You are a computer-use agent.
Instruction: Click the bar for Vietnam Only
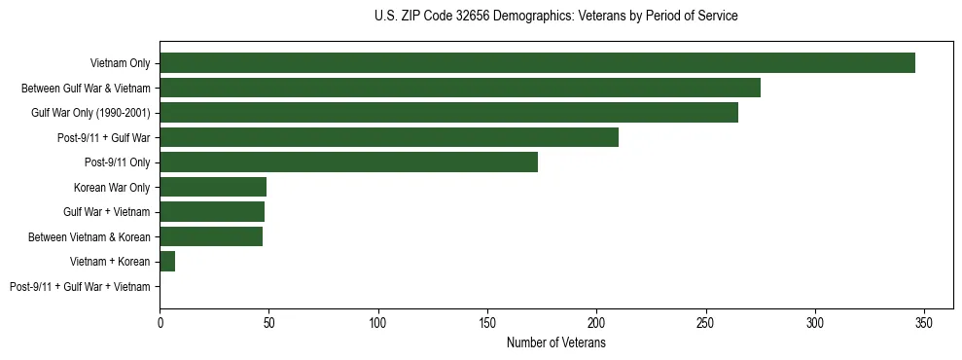coord(537,63)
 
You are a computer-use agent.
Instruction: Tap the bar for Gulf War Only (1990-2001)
coord(448,113)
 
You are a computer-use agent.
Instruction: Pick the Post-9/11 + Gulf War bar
coord(389,137)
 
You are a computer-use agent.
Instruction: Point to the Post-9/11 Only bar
coord(348,162)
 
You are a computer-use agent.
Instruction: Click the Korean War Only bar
coord(213,187)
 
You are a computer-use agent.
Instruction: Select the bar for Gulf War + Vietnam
coord(212,212)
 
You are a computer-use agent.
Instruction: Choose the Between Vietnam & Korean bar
coord(211,236)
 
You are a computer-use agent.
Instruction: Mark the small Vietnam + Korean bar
coord(167,262)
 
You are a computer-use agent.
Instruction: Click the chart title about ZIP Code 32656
coord(555,17)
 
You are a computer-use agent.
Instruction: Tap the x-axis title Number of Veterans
coord(556,342)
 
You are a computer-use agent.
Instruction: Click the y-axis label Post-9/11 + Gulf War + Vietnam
coord(80,287)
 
